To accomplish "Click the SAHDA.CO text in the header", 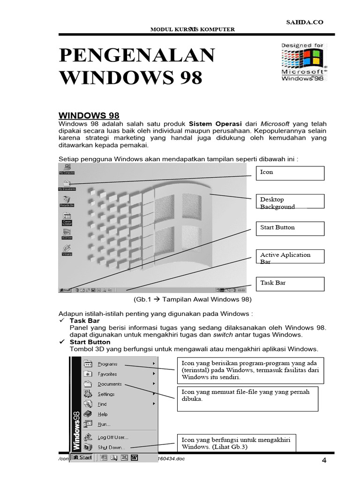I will (x=304, y=22).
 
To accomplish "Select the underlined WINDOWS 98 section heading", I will (x=89, y=115).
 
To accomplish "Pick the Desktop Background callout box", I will (x=289, y=202).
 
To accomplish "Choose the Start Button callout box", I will (x=289, y=228).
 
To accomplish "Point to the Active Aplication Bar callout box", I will (x=289, y=256).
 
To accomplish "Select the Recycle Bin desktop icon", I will (x=67, y=201).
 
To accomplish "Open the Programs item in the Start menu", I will (x=107, y=364).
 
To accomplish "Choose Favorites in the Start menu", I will (x=107, y=374).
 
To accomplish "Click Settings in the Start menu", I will (x=106, y=394).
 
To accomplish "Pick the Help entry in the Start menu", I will (x=102, y=414).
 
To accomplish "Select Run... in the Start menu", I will (x=104, y=424).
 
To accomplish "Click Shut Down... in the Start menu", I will (x=111, y=448).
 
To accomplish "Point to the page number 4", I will (x=323, y=461).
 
